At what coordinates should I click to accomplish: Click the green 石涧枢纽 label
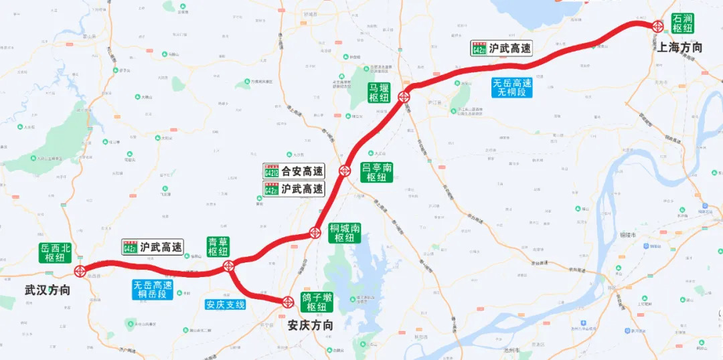point(683,23)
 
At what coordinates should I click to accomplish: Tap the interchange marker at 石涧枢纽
point(658,26)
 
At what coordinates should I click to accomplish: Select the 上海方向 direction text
point(679,47)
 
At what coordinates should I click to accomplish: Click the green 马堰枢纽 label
point(379,92)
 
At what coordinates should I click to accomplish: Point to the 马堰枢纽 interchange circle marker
point(404,97)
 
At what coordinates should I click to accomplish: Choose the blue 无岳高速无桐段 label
point(512,88)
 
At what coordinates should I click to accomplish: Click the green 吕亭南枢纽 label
point(377,172)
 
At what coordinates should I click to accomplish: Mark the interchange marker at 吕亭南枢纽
point(345,171)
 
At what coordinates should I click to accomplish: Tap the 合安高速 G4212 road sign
point(294,171)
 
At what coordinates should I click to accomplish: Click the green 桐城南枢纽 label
point(345,233)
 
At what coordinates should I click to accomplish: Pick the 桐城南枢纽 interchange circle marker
point(314,234)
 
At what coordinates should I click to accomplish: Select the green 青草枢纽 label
point(218,246)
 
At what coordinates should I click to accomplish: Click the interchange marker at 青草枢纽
point(228,266)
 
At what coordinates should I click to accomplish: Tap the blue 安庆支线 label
point(226,304)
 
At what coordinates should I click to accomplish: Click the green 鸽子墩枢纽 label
point(317,302)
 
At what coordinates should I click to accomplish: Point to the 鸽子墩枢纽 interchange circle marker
point(287,302)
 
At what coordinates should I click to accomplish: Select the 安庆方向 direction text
point(310,326)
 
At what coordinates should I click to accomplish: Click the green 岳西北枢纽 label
point(54,253)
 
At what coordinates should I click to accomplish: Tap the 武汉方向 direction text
point(47,290)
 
